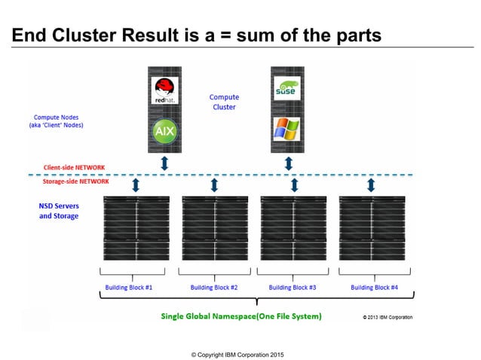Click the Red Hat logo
(x=164, y=90)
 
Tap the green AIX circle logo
(x=164, y=130)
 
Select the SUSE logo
(x=287, y=90)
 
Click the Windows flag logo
(x=287, y=129)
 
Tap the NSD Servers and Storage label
(x=59, y=210)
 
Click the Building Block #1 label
(x=136, y=287)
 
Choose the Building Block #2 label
(x=214, y=287)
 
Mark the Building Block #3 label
(x=292, y=287)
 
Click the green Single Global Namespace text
(x=241, y=316)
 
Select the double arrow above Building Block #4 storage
(x=371, y=185)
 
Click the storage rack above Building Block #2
(x=214, y=228)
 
